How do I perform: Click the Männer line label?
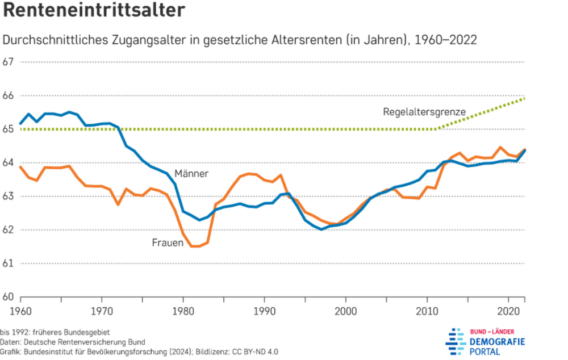191,173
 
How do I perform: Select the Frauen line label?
168,242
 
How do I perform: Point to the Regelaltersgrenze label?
424,112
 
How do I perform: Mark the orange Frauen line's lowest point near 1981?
193,246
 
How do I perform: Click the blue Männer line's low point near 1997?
321,229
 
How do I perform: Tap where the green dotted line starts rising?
436,129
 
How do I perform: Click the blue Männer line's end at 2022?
524,150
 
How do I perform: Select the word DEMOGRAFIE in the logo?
497,341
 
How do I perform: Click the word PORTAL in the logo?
485,352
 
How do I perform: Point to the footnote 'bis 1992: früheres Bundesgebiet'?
55,332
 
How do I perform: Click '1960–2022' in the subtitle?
445,41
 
